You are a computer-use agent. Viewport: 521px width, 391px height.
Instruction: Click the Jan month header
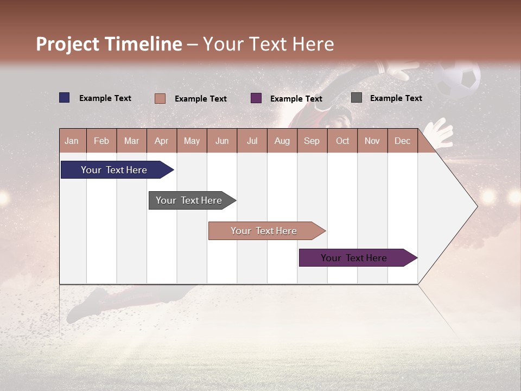pos(72,141)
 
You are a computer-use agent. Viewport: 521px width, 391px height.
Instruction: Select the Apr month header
pos(162,141)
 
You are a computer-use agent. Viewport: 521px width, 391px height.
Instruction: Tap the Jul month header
pos(252,141)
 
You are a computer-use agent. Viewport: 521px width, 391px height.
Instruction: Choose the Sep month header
pos(312,141)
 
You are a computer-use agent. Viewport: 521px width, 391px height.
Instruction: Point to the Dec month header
pos(402,141)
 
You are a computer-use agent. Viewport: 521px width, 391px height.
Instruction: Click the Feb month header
pos(101,141)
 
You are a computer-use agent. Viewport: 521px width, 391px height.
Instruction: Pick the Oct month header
pos(342,141)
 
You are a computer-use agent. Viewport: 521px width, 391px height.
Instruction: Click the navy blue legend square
pos(65,98)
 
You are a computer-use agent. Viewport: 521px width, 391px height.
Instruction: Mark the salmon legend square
pos(160,98)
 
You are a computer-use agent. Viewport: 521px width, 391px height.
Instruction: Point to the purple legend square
pos(256,98)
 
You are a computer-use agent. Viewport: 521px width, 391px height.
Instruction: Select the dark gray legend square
pos(357,98)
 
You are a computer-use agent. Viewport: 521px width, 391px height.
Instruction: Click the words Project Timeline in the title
pos(109,44)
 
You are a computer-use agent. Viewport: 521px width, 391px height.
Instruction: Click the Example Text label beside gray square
pos(396,98)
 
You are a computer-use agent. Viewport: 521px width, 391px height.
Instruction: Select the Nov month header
pos(372,141)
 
